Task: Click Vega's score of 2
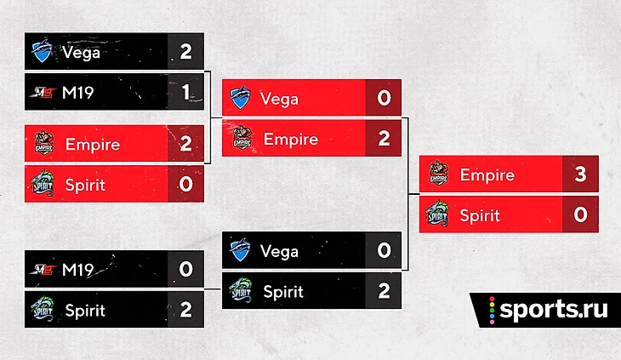(x=185, y=51)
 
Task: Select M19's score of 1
(x=185, y=92)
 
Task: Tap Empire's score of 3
(x=580, y=174)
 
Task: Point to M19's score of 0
(x=185, y=269)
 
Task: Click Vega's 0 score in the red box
(x=384, y=98)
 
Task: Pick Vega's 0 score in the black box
(x=384, y=250)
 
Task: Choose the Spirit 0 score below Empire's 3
(x=580, y=214)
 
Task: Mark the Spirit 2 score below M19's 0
(x=185, y=309)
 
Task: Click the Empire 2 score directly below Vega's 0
(x=384, y=138)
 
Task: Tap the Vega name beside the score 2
(x=81, y=52)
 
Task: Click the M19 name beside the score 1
(x=78, y=93)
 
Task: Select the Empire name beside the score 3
(x=487, y=175)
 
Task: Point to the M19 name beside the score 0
(x=78, y=270)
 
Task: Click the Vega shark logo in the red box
(x=241, y=97)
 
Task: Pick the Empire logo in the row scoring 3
(x=438, y=173)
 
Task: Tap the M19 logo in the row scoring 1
(x=43, y=93)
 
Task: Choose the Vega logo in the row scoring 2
(x=43, y=51)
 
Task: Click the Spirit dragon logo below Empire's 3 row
(x=437, y=214)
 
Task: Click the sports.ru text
(x=554, y=309)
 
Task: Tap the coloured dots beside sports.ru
(x=492, y=311)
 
